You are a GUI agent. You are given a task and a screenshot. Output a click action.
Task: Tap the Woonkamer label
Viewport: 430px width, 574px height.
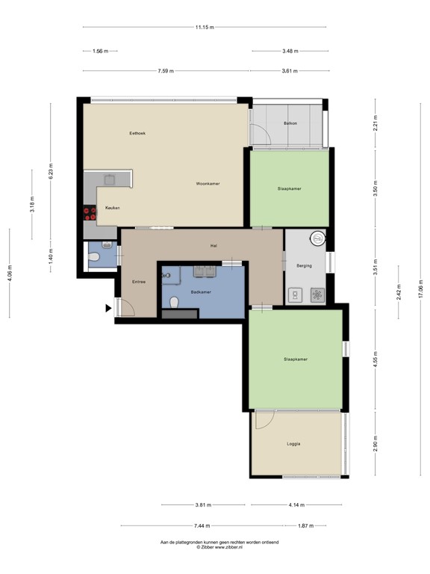click(x=208, y=183)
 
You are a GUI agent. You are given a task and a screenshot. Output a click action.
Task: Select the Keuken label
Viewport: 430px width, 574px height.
click(x=112, y=207)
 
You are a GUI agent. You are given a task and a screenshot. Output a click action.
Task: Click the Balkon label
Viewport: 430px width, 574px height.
click(x=290, y=123)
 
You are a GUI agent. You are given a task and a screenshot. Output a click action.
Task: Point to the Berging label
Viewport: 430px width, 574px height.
click(x=304, y=265)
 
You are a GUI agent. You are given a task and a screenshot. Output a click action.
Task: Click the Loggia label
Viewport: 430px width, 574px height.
click(x=293, y=444)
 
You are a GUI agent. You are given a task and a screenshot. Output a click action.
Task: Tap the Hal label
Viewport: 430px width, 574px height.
click(x=214, y=245)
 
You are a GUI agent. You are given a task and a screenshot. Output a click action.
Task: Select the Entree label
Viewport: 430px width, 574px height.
click(x=138, y=281)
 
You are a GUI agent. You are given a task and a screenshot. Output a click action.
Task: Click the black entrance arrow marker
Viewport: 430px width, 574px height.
click(x=109, y=307)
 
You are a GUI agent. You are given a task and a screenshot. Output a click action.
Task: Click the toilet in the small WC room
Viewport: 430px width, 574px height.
click(x=93, y=258)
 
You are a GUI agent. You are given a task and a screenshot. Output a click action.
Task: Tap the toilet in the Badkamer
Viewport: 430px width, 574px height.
click(x=174, y=303)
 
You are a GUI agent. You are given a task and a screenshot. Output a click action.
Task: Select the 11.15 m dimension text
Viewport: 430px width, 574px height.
click(x=204, y=28)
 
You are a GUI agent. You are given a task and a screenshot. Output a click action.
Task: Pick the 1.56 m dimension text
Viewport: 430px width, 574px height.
click(x=99, y=52)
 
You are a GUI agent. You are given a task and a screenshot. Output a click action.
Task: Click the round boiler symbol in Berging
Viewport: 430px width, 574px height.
click(x=317, y=239)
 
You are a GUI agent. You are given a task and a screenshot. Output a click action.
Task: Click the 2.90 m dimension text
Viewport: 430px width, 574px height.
click(x=375, y=444)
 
